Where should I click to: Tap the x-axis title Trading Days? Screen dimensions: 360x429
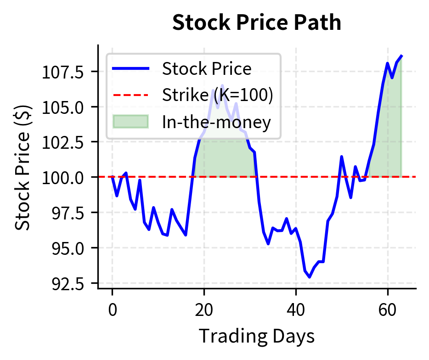point(257,336)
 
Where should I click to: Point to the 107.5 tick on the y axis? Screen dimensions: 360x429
point(63,72)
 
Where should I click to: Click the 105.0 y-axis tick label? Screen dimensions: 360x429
point(63,107)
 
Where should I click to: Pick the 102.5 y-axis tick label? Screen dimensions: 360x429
point(63,142)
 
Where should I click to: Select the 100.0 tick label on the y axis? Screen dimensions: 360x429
point(63,177)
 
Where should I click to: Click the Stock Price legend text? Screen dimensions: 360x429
point(207,69)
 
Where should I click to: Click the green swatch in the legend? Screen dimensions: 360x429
point(130,122)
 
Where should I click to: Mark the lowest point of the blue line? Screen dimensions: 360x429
point(310,277)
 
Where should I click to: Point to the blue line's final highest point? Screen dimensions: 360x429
point(401,56)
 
